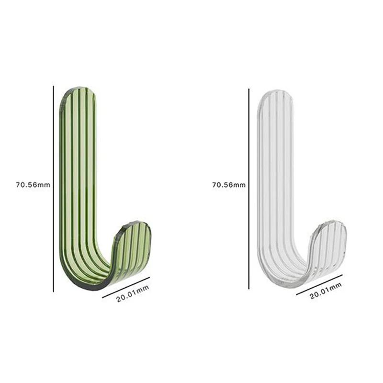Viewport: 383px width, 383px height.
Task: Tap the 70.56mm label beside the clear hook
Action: (229, 184)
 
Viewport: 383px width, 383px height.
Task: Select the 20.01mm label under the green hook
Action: (133, 294)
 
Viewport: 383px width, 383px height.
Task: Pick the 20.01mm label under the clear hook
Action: (326, 292)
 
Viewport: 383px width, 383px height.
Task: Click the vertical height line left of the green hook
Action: (54, 189)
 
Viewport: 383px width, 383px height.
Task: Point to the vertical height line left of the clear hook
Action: (249, 189)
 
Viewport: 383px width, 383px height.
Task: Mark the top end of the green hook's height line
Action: (54, 87)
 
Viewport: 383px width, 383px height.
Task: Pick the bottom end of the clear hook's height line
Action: (249, 289)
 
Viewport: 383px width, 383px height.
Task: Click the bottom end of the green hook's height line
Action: (54, 291)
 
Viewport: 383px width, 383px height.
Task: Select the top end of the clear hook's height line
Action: (249, 89)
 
